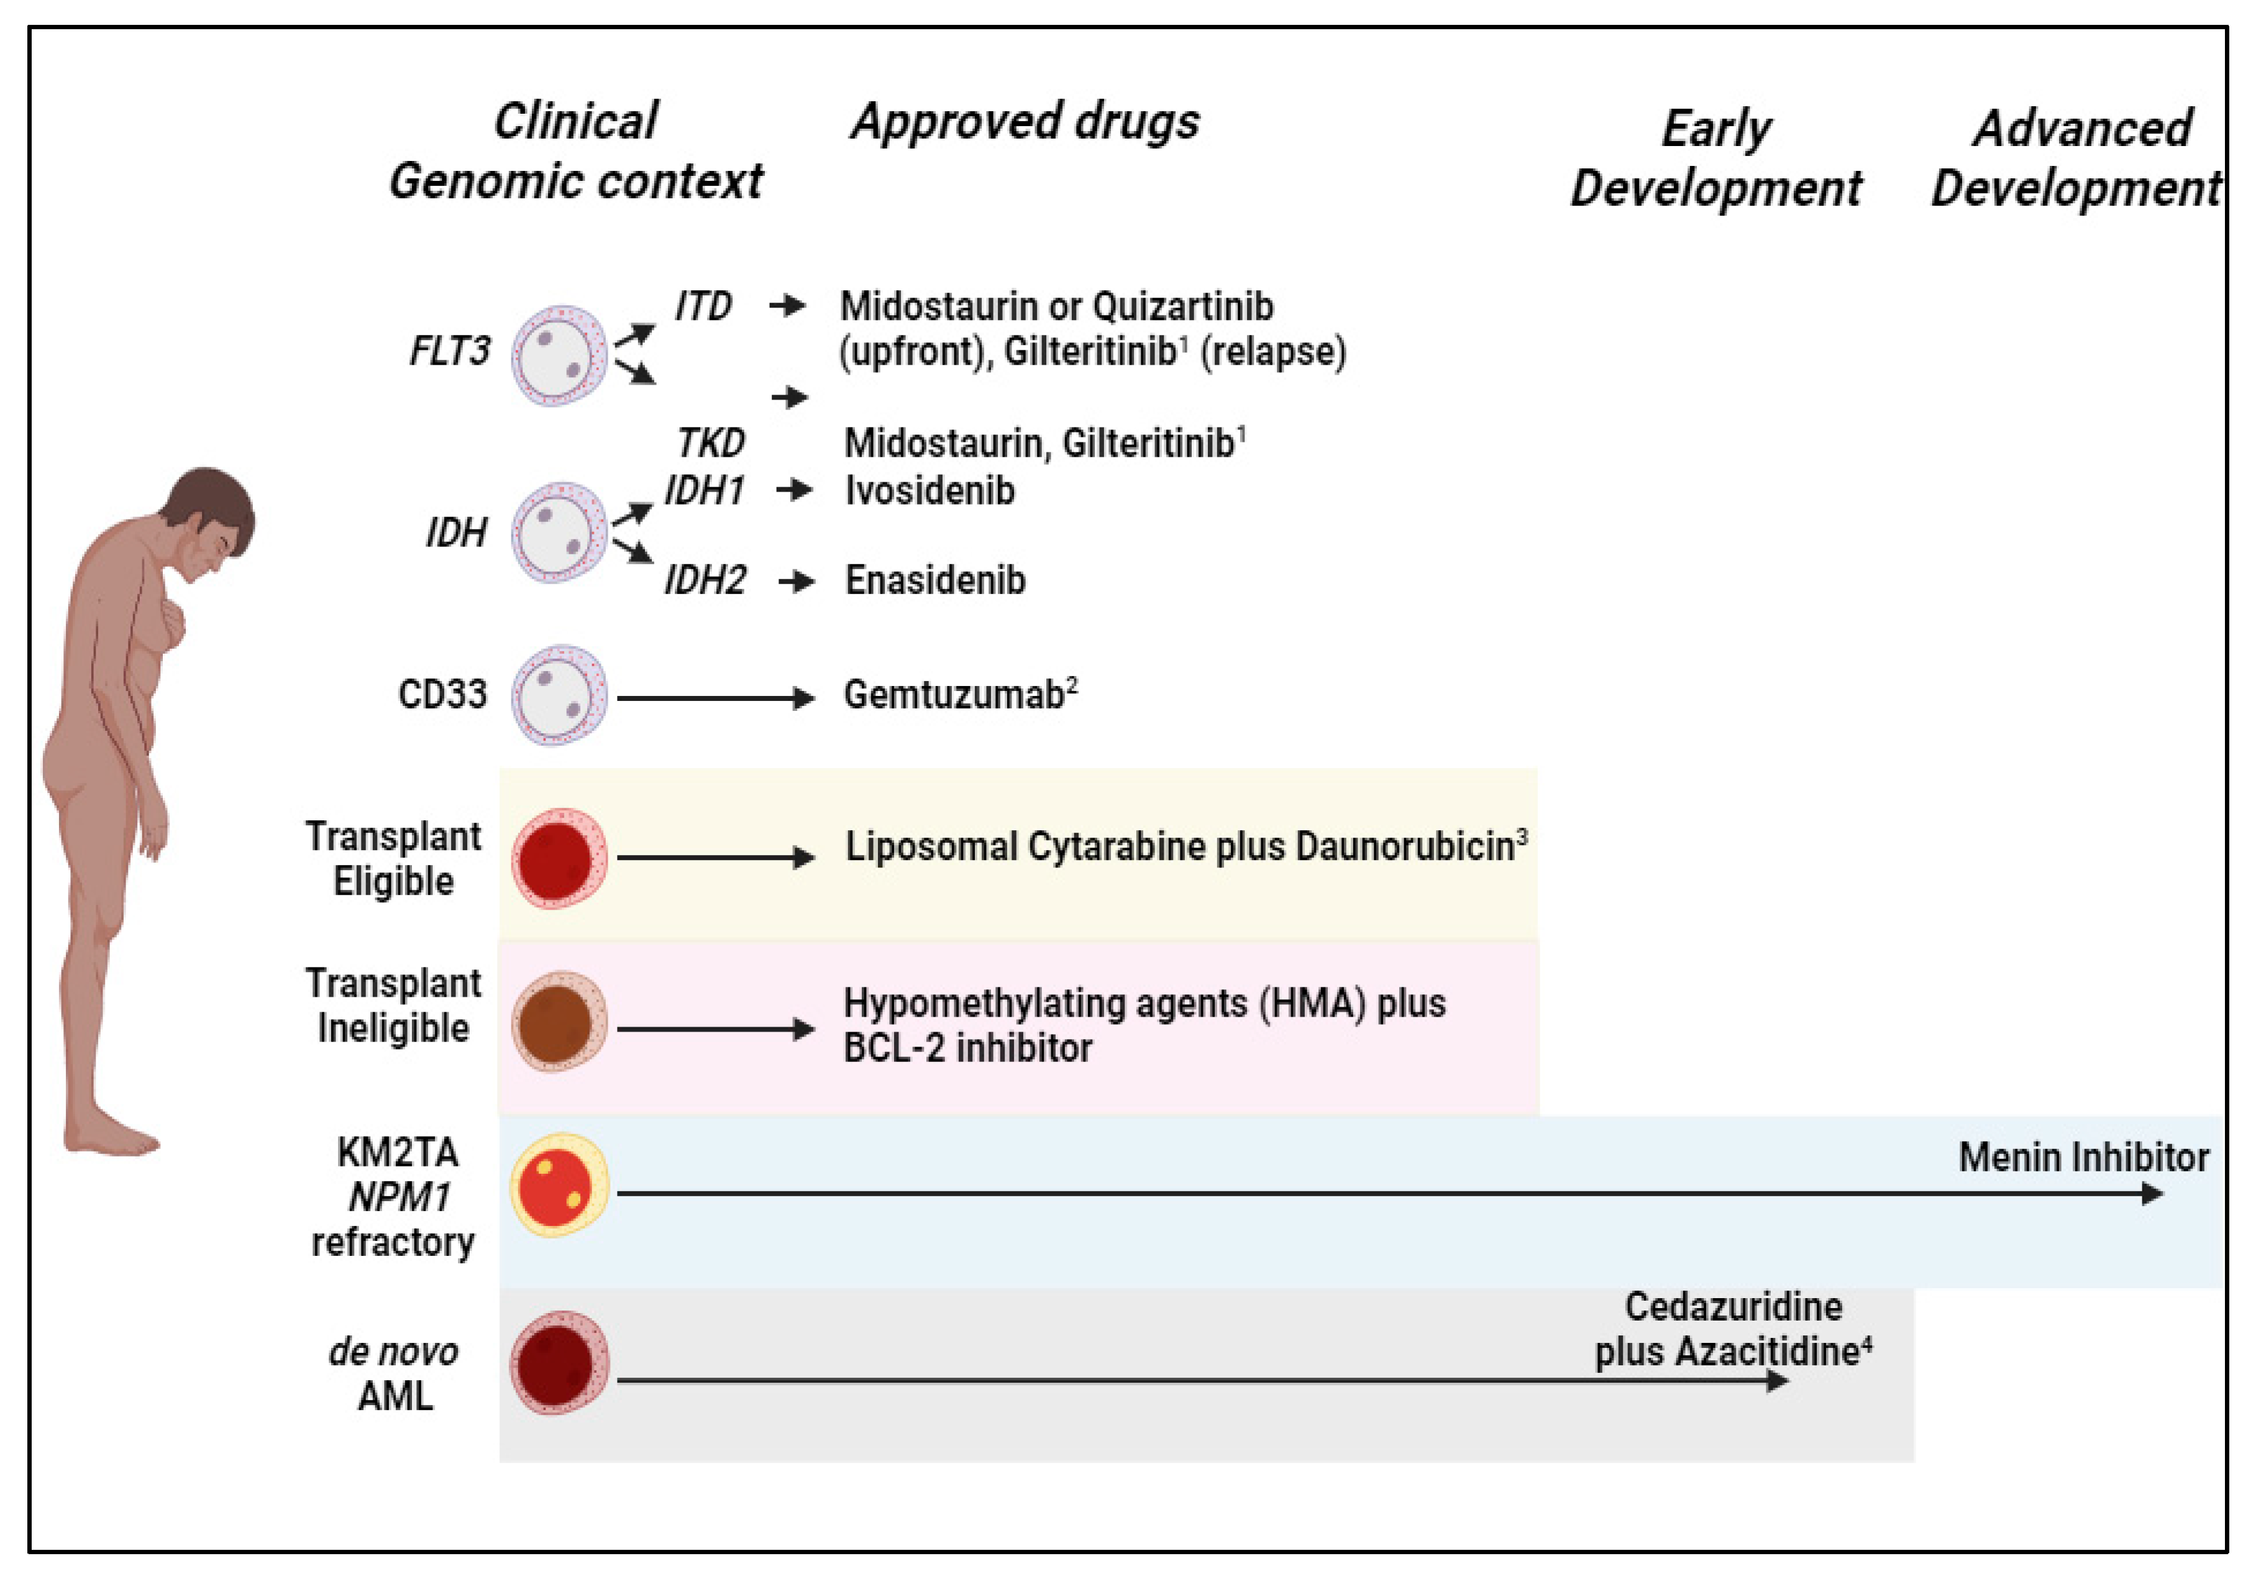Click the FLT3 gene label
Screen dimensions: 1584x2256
click(x=449, y=351)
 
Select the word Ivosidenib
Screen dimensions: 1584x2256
click(x=929, y=490)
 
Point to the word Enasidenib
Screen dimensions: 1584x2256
click(x=934, y=581)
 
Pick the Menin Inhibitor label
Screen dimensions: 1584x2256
click(x=2083, y=1158)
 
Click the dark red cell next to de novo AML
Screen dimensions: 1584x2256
click(x=558, y=1363)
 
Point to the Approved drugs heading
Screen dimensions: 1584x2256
click(x=1025, y=122)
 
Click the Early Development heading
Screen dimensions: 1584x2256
click(x=1715, y=158)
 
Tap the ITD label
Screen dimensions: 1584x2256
click(x=703, y=306)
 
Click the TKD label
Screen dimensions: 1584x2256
click(x=710, y=443)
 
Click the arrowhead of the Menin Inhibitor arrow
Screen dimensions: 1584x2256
click(x=2152, y=1194)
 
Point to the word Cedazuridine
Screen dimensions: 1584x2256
click(x=1733, y=1306)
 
